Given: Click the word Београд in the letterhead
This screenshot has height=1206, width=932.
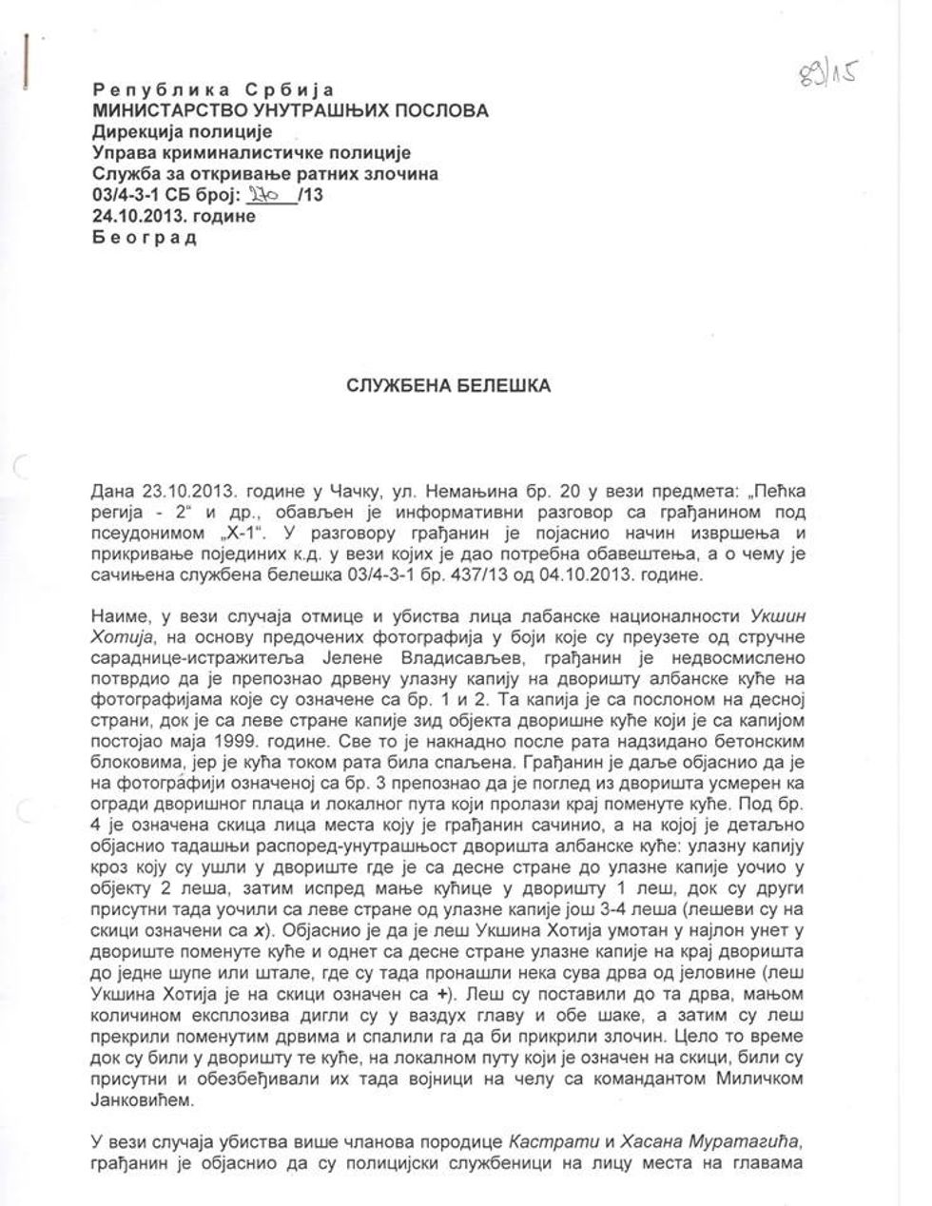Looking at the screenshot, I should [x=144, y=237].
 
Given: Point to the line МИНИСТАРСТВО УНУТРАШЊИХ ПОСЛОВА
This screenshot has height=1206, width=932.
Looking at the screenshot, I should [x=290, y=111].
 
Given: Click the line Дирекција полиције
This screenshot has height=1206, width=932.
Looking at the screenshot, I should [x=183, y=132].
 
